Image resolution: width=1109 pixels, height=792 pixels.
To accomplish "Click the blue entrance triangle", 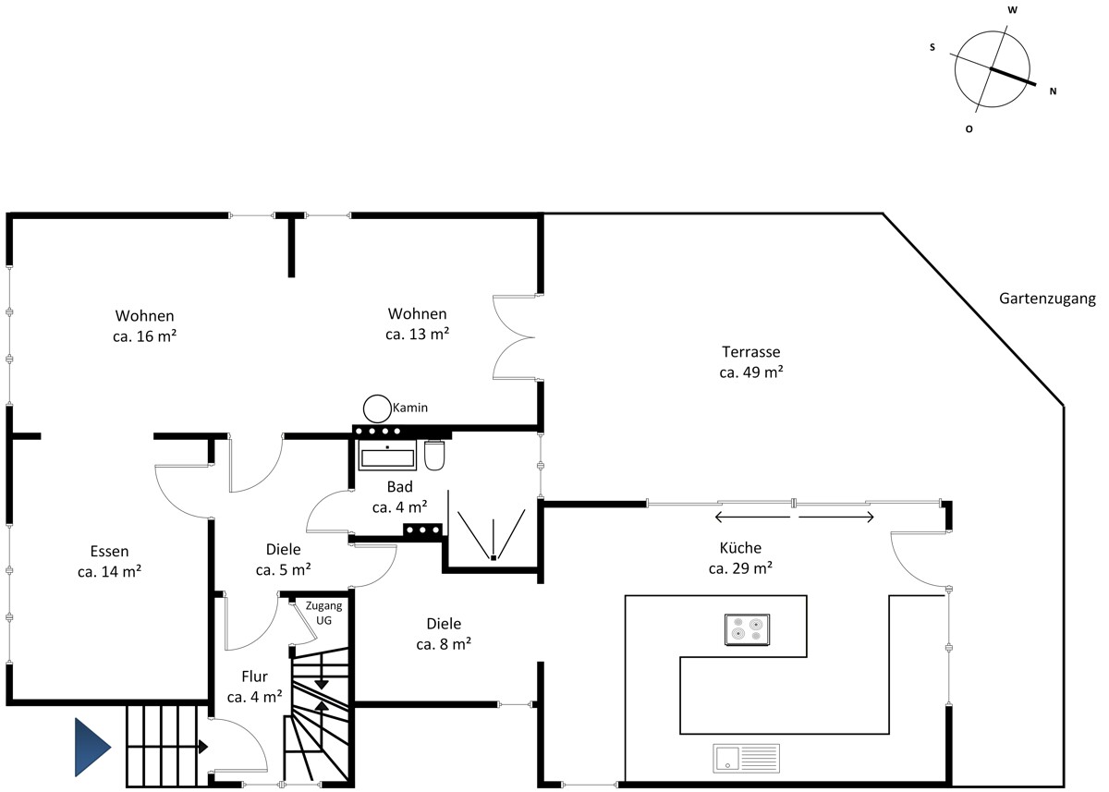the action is point(92,747).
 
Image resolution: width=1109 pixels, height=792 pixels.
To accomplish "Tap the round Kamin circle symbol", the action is point(377,408).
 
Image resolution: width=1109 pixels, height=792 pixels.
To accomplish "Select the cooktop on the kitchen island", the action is point(747,629).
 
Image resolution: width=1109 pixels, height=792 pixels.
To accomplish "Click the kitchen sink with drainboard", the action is point(746,759).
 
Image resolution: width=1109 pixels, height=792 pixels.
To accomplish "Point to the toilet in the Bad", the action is point(434,455).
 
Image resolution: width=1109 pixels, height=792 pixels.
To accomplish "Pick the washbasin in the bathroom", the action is point(387,454).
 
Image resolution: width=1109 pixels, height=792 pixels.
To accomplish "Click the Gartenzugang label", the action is point(1047,299).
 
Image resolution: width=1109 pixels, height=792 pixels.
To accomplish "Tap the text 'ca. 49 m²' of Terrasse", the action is point(751,372).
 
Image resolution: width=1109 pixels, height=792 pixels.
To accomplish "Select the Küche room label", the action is point(740,548).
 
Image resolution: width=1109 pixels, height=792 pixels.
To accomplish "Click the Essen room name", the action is point(109,552).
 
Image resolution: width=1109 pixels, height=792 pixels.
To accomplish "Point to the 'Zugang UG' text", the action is point(323,613).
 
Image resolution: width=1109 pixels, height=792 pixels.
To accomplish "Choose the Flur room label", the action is point(254,676).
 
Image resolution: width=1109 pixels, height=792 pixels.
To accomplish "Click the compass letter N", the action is point(1053,91).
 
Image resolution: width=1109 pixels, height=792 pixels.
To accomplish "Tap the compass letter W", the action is point(1013,10).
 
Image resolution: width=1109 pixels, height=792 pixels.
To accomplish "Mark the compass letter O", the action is point(969,129).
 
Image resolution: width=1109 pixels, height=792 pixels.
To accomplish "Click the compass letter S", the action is point(932,47).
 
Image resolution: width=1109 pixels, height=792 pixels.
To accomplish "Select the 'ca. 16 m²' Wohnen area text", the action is point(144,336).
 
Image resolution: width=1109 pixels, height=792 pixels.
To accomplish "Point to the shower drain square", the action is point(494,558).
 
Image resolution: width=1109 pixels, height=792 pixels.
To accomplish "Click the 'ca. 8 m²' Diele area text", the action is point(444,644).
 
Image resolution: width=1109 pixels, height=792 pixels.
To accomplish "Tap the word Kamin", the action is point(410,408).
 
